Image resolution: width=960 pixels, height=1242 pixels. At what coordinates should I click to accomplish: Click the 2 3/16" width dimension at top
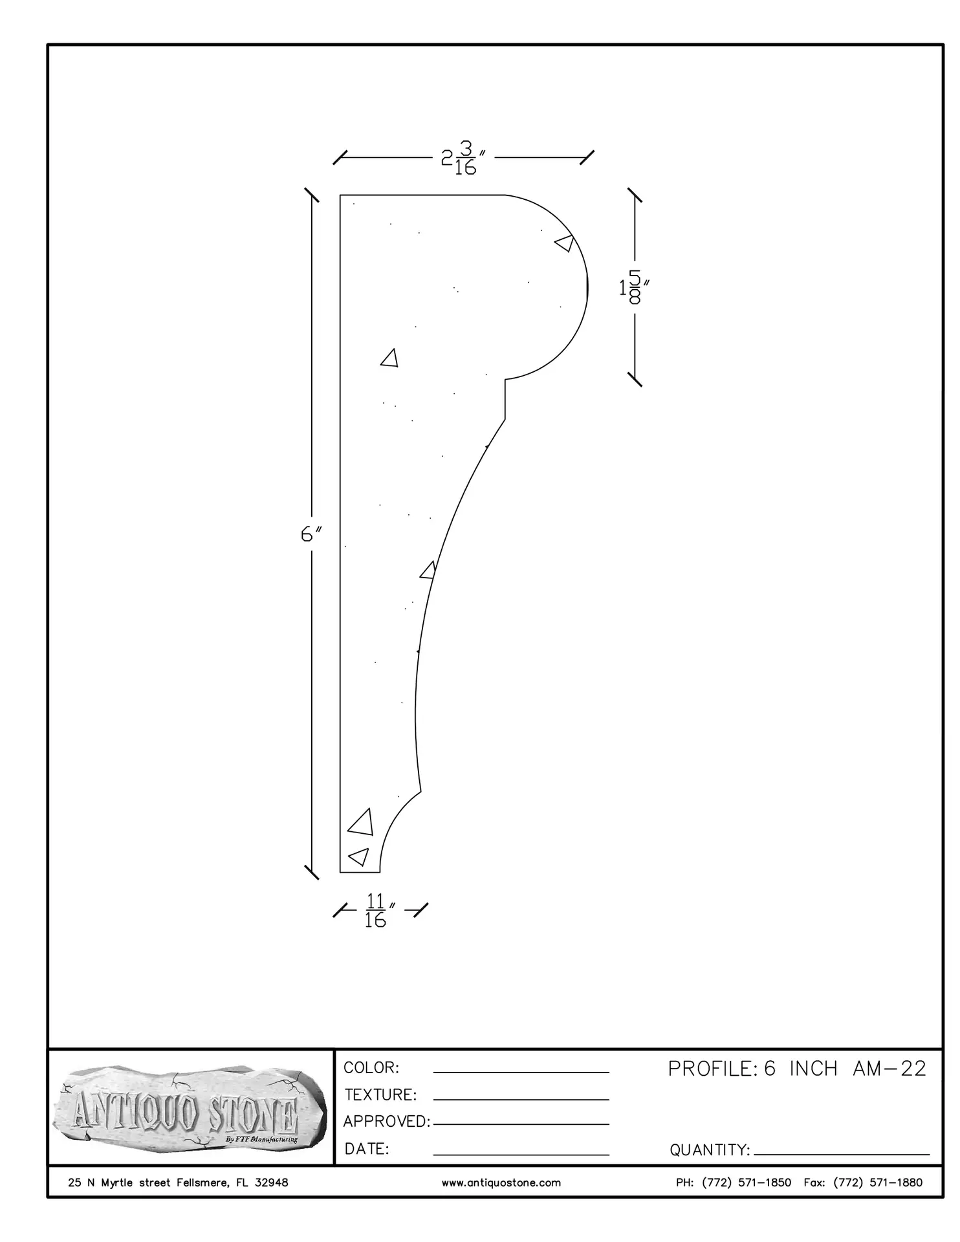tap(463, 158)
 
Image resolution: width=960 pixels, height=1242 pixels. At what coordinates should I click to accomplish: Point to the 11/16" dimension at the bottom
tap(380, 910)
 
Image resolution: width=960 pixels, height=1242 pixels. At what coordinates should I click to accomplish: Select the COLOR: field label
tap(371, 1067)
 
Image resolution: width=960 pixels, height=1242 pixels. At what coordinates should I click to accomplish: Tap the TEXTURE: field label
tap(380, 1095)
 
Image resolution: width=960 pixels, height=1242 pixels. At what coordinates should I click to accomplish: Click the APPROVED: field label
tap(387, 1121)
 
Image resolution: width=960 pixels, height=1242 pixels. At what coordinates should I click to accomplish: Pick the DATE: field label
tap(367, 1149)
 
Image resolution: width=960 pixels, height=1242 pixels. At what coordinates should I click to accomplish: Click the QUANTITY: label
tap(710, 1150)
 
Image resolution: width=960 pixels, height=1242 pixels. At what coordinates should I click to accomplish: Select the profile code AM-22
tap(889, 1069)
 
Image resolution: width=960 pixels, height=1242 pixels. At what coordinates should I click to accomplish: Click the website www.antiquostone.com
tap(501, 1182)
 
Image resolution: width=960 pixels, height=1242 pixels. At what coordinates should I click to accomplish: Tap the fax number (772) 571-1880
tap(878, 1182)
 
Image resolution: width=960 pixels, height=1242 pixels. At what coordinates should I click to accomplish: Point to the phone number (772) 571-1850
tap(747, 1182)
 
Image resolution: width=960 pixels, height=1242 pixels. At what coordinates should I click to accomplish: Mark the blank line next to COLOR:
tap(521, 1073)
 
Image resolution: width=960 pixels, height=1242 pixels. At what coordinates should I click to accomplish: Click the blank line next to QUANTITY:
tap(842, 1154)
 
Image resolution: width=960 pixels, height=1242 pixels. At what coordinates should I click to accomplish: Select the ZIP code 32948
tap(271, 1182)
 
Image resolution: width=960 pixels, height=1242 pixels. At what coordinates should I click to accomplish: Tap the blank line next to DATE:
tap(521, 1154)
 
